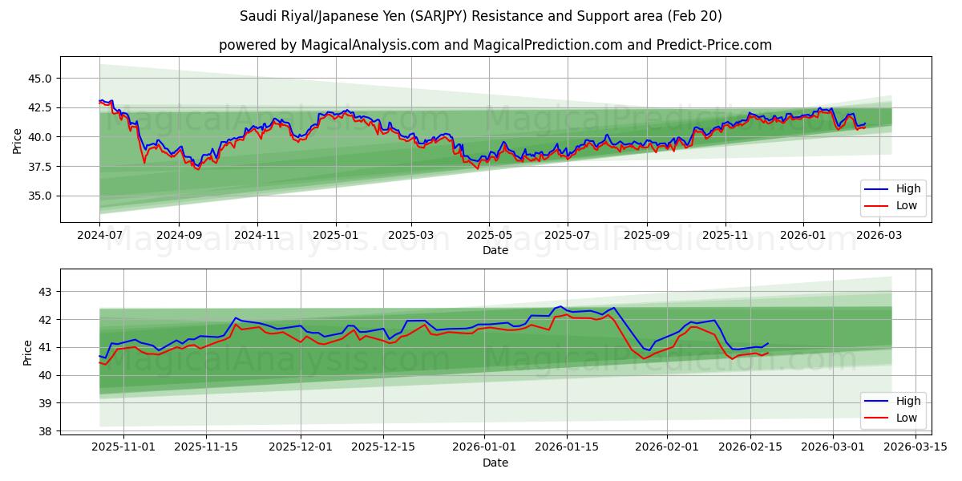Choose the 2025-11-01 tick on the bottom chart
pos(123,446)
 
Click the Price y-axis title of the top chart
pos(18,141)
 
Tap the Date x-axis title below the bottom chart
pos(495,463)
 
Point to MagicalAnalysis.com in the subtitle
pos(370,45)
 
